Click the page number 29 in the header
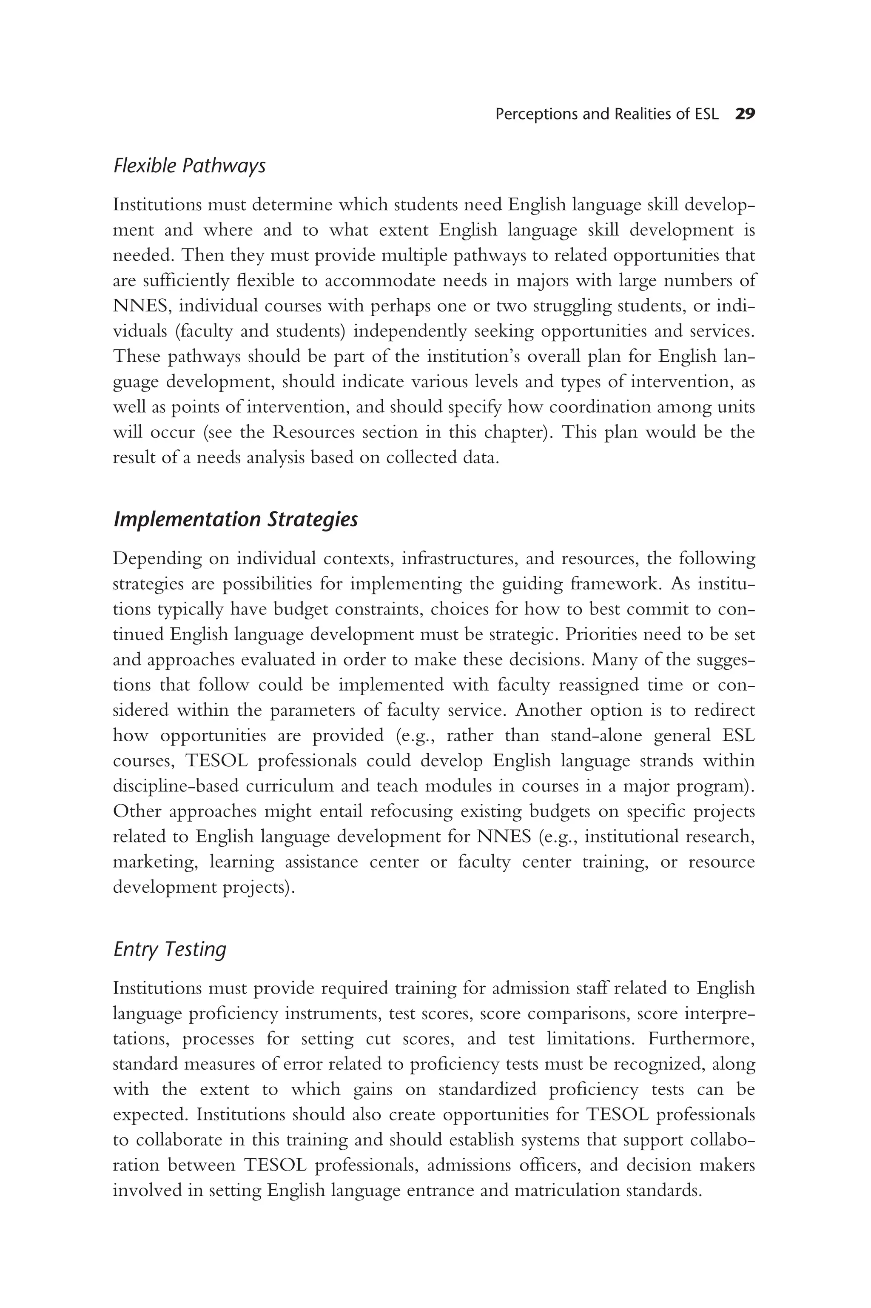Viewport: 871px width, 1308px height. pos(744,114)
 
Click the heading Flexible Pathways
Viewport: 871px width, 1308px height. pos(189,166)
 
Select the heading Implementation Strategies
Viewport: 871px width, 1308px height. pos(236,519)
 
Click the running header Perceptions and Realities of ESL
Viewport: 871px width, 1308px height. pos(606,114)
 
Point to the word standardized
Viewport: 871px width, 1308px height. pos(487,1089)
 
